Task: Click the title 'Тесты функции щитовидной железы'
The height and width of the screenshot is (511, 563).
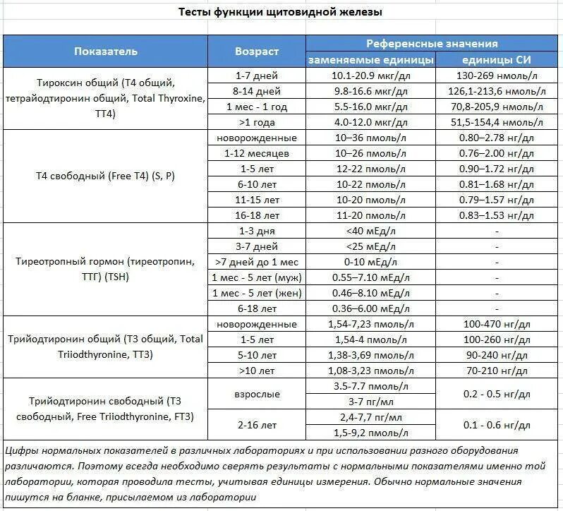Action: point(280,13)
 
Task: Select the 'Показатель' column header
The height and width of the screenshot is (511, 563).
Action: point(106,52)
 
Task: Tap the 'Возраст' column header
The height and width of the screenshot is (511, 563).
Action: point(257,52)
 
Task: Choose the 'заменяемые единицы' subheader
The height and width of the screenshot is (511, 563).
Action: point(370,59)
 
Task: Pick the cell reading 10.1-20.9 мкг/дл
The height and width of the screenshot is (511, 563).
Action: point(370,76)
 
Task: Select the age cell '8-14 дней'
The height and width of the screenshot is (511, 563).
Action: point(257,91)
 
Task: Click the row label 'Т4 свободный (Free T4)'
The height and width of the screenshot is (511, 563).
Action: point(106,176)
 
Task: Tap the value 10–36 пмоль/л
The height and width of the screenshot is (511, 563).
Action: point(370,138)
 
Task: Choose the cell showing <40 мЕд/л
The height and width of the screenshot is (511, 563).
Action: point(370,231)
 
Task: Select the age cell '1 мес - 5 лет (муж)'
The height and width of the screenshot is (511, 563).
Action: point(257,277)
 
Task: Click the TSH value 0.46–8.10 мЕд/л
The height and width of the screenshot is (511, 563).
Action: point(370,293)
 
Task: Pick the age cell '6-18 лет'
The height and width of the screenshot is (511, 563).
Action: point(257,308)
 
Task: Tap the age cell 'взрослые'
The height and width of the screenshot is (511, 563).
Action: point(257,394)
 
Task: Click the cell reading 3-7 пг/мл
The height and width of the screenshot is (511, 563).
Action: point(370,402)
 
